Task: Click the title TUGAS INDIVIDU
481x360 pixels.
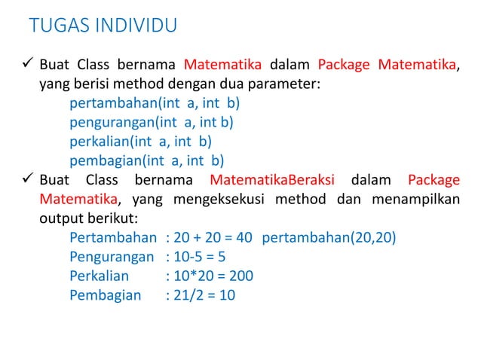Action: point(103,26)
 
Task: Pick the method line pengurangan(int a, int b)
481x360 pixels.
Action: point(151,121)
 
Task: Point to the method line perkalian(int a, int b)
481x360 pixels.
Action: point(140,141)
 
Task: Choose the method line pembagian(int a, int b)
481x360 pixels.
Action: point(147,160)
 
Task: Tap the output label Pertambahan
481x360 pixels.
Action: point(113,238)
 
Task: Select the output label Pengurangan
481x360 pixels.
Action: point(113,258)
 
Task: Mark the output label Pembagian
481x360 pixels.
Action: point(105,295)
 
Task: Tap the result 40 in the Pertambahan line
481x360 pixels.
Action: point(244,238)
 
